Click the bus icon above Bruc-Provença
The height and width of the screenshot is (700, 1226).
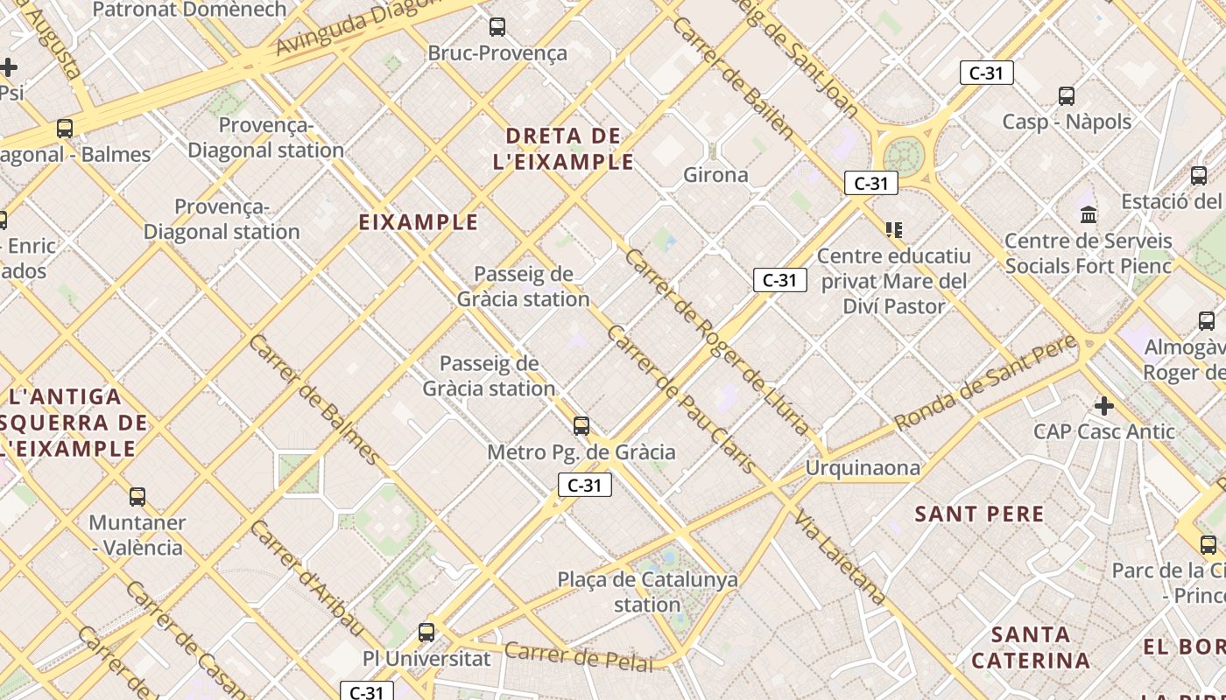coord(497,27)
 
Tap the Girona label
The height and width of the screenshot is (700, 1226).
coord(715,175)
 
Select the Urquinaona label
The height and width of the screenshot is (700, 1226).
coord(863,468)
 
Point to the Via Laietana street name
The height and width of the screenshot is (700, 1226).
coord(840,558)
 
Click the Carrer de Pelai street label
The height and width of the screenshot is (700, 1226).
coord(579,656)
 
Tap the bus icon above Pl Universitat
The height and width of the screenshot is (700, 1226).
coord(426,632)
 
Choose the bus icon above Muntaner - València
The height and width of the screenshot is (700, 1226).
coord(137,497)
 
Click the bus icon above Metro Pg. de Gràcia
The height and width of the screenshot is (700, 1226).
coord(581,426)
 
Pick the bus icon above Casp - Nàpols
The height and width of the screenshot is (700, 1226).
coord(1066,96)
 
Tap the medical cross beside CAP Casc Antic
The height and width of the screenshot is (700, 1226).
coord(1104,406)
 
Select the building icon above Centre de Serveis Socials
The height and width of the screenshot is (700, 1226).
coord(1089,214)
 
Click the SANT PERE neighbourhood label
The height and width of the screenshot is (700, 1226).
coord(979,514)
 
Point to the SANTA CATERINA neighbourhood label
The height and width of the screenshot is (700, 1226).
coord(1031,647)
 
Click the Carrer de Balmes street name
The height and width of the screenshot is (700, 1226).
coord(314,399)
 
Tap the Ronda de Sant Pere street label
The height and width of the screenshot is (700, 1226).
coord(985,383)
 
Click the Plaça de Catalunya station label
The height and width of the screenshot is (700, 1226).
coord(647,591)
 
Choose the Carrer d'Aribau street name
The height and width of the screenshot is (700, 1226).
coord(306,578)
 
